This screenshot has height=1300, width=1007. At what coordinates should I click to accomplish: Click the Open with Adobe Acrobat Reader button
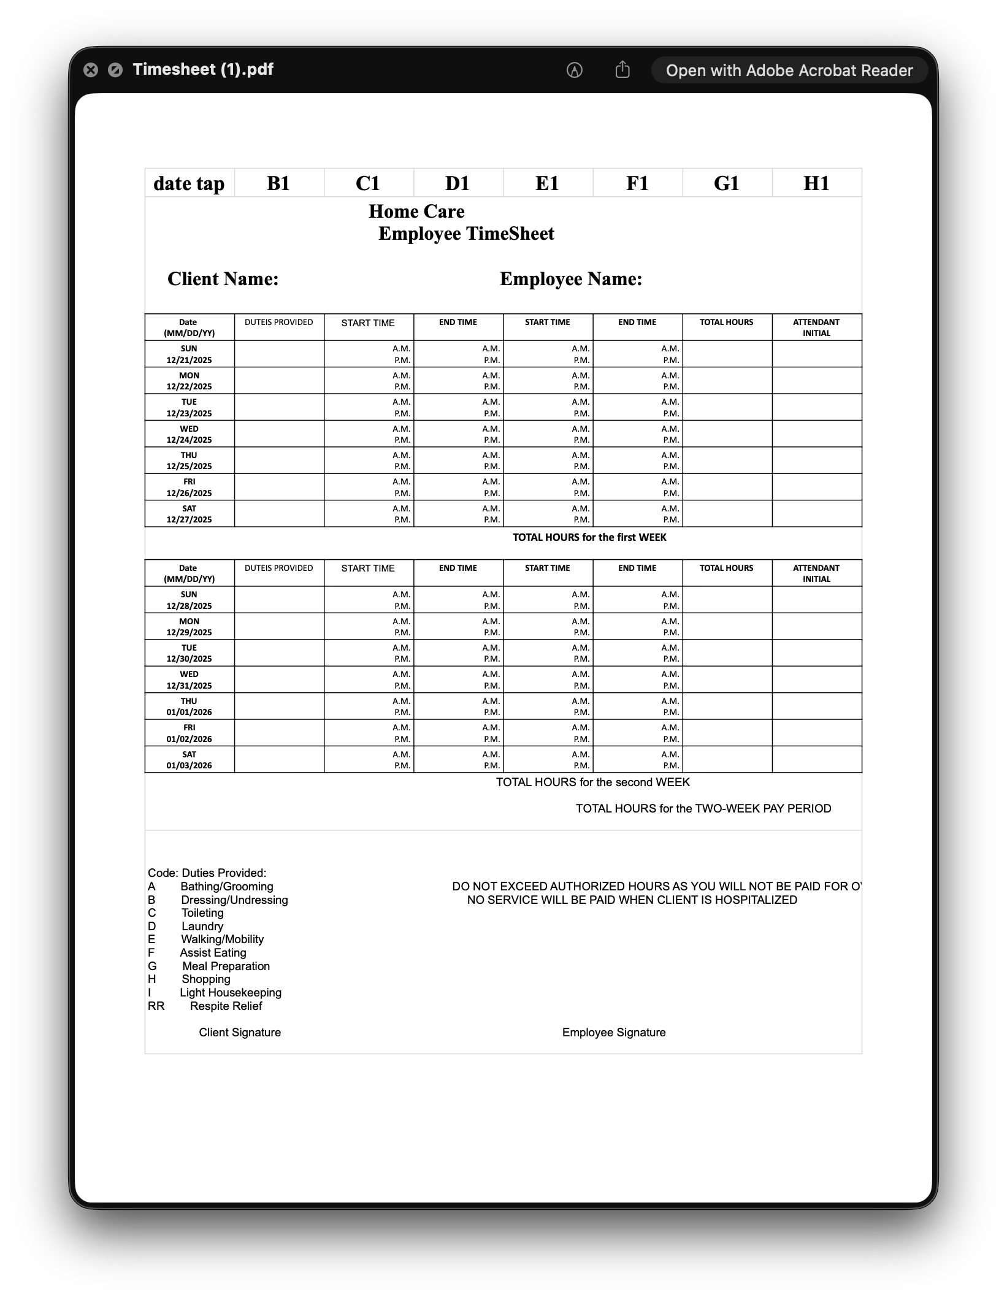(x=789, y=71)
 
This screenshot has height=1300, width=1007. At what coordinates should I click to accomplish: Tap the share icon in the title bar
(x=622, y=70)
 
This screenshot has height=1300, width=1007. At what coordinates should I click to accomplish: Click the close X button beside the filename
(x=91, y=70)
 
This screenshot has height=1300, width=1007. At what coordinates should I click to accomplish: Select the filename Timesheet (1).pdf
(x=203, y=69)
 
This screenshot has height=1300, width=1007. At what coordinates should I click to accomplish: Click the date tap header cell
(x=189, y=183)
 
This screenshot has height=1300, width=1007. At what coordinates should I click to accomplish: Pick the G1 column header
(x=727, y=183)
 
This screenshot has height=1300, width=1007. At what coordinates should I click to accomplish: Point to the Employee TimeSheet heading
(x=466, y=234)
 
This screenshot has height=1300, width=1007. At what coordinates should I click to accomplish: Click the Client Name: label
(x=223, y=279)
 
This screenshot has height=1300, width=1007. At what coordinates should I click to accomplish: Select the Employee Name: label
(x=571, y=279)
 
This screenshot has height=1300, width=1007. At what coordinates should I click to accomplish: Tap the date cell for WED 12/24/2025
(x=189, y=434)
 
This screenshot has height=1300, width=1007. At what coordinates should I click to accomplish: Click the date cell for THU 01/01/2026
(x=189, y=706)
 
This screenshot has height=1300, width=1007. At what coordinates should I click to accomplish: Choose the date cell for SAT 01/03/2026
(x=189, y=760)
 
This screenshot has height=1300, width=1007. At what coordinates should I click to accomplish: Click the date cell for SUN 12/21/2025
(x=189, y=354)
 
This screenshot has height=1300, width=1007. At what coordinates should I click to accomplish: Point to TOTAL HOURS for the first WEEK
(x=589, y=537)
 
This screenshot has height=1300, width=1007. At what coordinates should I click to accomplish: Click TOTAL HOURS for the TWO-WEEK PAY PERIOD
(x=703, y=808)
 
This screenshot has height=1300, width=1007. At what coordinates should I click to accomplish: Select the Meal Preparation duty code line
(x=226, y=966)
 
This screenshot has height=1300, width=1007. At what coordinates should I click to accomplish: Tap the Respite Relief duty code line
(x=225, y=1006)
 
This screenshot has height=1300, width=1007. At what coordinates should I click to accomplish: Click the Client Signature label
(x=240, y=1032)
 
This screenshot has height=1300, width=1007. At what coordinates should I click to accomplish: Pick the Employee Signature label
(x=613, y=1032)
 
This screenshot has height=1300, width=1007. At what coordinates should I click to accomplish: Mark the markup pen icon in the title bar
(x=574, y=70)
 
